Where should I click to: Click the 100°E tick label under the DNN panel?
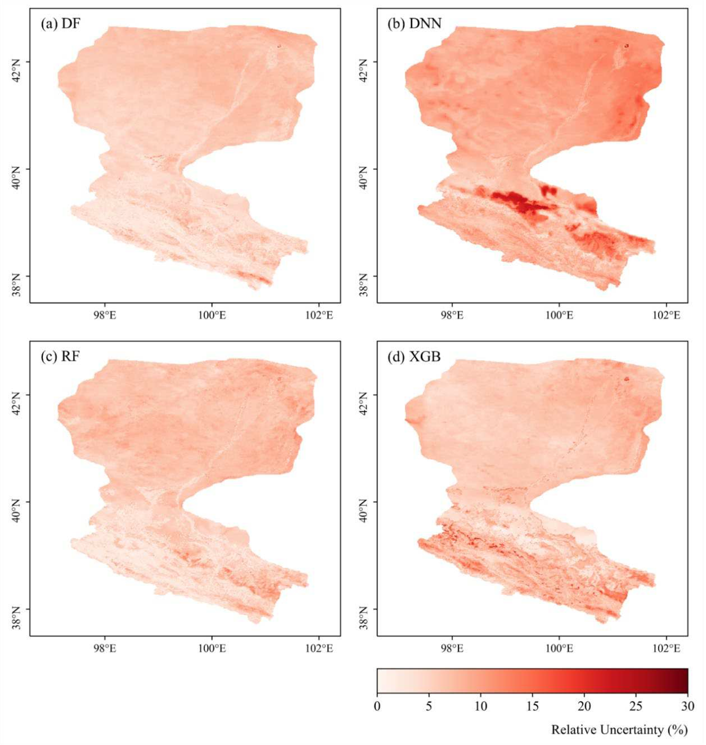coord(560,315)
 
